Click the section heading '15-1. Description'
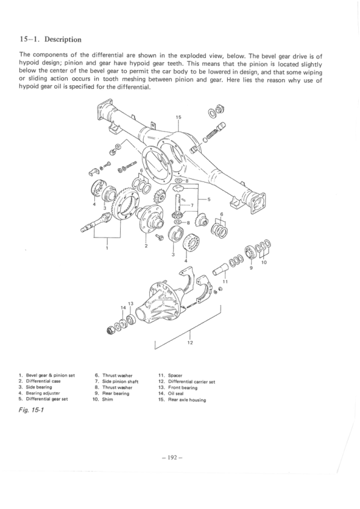pos(51,40)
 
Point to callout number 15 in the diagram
pos(178,117)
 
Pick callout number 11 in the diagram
pos(225,282)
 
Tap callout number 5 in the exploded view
pos(208,199)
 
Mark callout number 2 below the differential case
pos(146,246)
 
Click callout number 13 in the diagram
pos(129,303)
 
